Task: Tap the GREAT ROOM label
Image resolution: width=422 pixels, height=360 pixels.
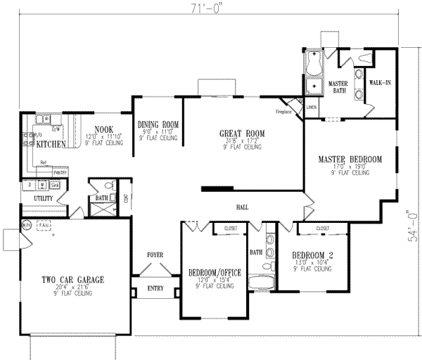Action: (x=243, y=132)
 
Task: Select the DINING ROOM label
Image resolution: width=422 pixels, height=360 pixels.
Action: (x=158, y=124)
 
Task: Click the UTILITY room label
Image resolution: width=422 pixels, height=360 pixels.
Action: (x=46, y=199)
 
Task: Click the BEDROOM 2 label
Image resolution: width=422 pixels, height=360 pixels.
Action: (x=313, y=255)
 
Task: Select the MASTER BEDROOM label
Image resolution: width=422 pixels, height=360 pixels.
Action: (x=350, y=158)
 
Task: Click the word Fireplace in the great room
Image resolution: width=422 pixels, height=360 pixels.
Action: (x=283, y=111)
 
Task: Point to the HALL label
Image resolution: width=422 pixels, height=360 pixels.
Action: (x=244, y=207)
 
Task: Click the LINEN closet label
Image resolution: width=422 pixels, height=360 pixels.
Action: (x=311, y=107)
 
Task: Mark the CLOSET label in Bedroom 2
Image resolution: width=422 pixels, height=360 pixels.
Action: (x=324, y=229)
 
